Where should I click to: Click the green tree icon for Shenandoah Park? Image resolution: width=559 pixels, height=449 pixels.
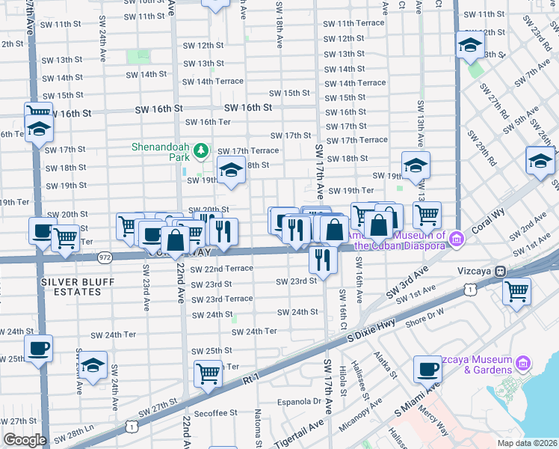(x=200, y=152)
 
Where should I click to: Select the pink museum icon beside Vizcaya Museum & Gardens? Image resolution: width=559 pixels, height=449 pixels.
(x=523, y=364)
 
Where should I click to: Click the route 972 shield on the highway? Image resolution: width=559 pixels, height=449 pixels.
(x=105, y=257)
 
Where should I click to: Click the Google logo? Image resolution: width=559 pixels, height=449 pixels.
(x=25, y=440)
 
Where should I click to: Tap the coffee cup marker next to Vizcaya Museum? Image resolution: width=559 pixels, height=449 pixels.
(x=427, y=369)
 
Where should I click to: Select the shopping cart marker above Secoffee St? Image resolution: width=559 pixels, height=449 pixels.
(x=209, y=372)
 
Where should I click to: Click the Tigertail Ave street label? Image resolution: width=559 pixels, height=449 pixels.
(x=298, y=433)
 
